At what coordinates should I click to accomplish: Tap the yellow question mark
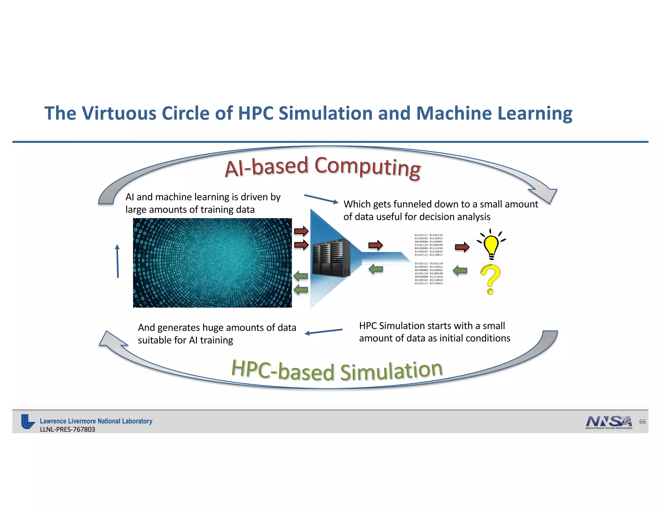[490, 279]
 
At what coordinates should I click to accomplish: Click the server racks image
[331, 258]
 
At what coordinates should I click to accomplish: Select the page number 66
[642, 422]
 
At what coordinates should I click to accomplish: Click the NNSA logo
[609, 422]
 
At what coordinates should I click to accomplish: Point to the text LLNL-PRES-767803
[67, 429]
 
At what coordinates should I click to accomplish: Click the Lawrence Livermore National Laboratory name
[96, 421]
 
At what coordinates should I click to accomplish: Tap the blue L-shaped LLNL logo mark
[28, 422]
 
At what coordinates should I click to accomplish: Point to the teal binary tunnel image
[212, 263]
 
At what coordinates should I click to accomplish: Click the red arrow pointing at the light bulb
[462, 247]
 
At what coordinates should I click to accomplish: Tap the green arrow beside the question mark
[460, 270]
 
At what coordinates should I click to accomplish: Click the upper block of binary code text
[429, 245]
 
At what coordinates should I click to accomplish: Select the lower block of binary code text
[429, 273]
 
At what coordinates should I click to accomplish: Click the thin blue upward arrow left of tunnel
[117, 261]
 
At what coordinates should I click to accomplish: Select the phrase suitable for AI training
[185, 340]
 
